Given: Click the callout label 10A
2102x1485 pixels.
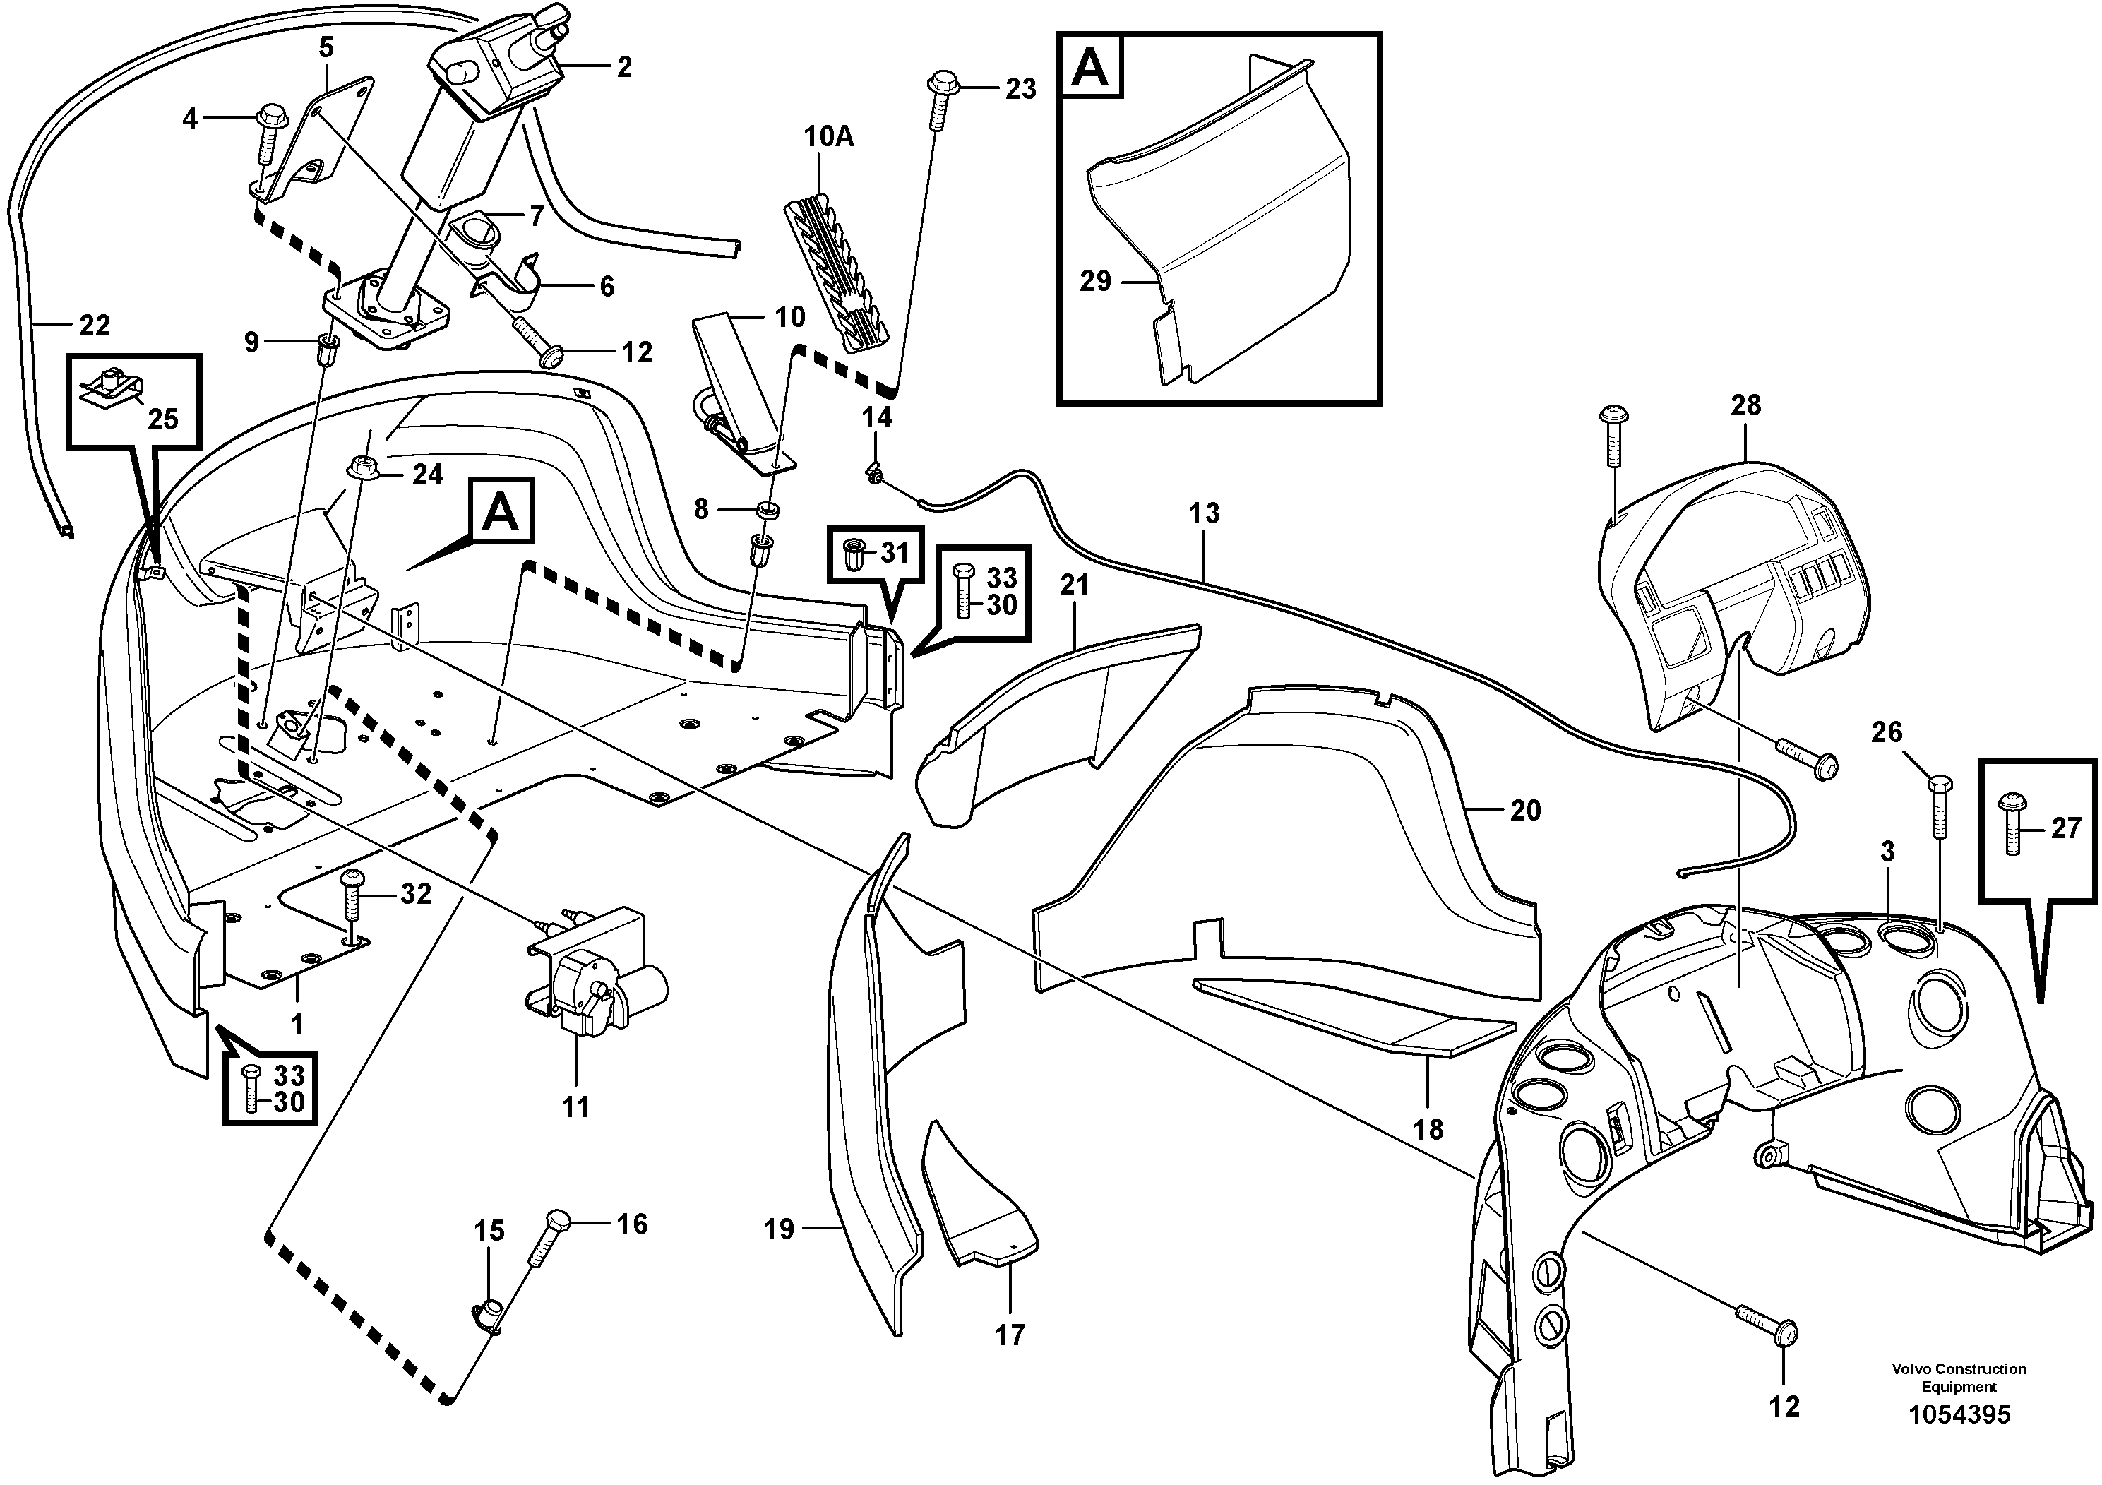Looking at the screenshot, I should [828, 137].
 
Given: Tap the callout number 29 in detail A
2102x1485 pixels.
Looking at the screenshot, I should [1095, 281].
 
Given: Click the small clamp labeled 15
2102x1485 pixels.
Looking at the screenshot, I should [491, 1318].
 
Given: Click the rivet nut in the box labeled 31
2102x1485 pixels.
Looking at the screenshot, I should [852, 553].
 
